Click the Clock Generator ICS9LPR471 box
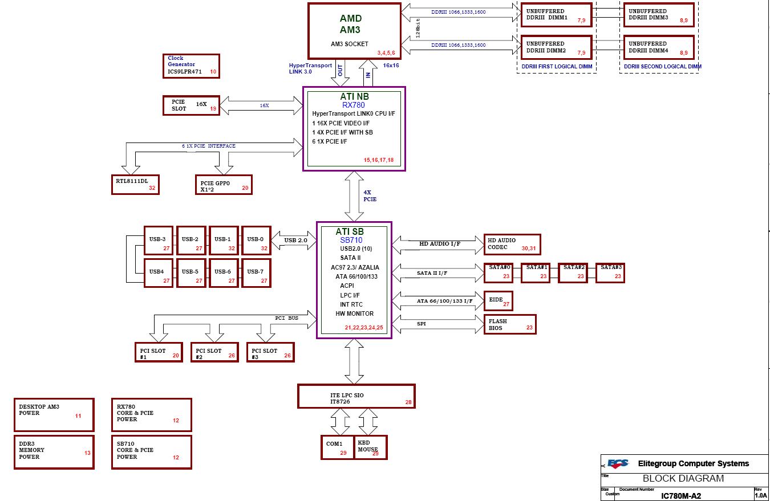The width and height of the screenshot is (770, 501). coord(191,66)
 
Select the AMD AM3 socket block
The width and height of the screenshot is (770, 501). coord(354,31)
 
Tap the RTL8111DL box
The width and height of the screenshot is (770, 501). coord(135,184)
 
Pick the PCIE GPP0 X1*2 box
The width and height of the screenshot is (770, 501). coord(223,185)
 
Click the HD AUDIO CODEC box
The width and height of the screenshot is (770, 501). coord(512,244)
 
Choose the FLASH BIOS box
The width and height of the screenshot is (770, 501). coord(509,324)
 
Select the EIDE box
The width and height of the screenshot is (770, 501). coord(498,301)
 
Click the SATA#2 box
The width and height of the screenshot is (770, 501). coord(573,272)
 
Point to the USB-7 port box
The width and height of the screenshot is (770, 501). coord(256,274)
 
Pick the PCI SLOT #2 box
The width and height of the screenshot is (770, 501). coord(214,352)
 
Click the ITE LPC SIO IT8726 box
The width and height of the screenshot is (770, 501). coord(356,396)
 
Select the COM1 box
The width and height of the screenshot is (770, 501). coord(337,447)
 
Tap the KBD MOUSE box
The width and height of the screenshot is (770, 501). coord(371,447)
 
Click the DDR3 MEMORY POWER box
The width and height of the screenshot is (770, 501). coord(54,452)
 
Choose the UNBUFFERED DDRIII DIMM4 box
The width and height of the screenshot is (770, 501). coord(658,47)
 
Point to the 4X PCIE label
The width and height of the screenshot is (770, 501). coord(370,196)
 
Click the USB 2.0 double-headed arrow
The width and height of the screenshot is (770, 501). coord(294,240)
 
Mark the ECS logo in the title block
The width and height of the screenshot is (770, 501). coord(617,464)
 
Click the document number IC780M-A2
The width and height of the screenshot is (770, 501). coord(680,496)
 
